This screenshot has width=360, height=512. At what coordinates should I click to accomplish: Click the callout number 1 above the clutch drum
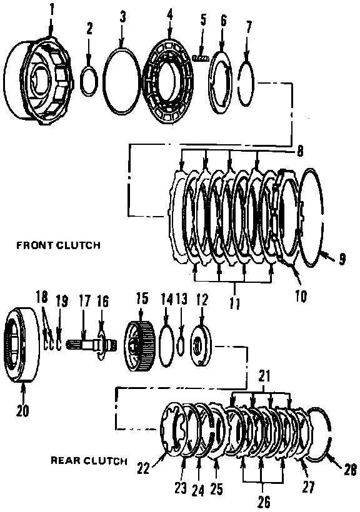(51, 10)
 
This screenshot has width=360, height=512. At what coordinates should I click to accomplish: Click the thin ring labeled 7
(238, 84)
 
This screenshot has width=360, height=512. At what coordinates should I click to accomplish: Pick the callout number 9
(342, 259)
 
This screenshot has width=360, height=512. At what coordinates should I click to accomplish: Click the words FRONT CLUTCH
(58, 245)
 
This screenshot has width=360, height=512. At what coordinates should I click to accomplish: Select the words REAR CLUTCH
(89, 461)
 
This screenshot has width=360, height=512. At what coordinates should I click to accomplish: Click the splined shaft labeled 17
(89, 345)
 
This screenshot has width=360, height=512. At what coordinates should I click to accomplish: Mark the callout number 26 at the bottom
(264, 502)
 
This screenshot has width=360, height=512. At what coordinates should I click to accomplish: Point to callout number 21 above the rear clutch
(264, 376)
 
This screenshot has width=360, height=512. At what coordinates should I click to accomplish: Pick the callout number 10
(301, 296)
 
